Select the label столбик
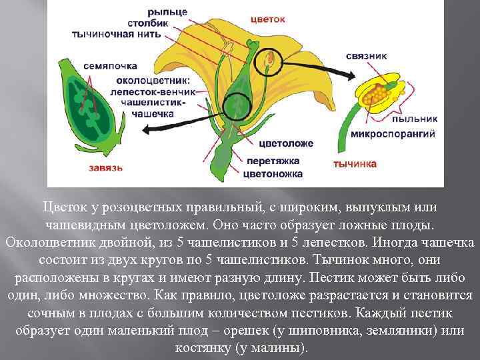[168, 23]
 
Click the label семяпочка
[110, 66]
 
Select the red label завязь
[105, 167]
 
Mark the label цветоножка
[274, 174]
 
